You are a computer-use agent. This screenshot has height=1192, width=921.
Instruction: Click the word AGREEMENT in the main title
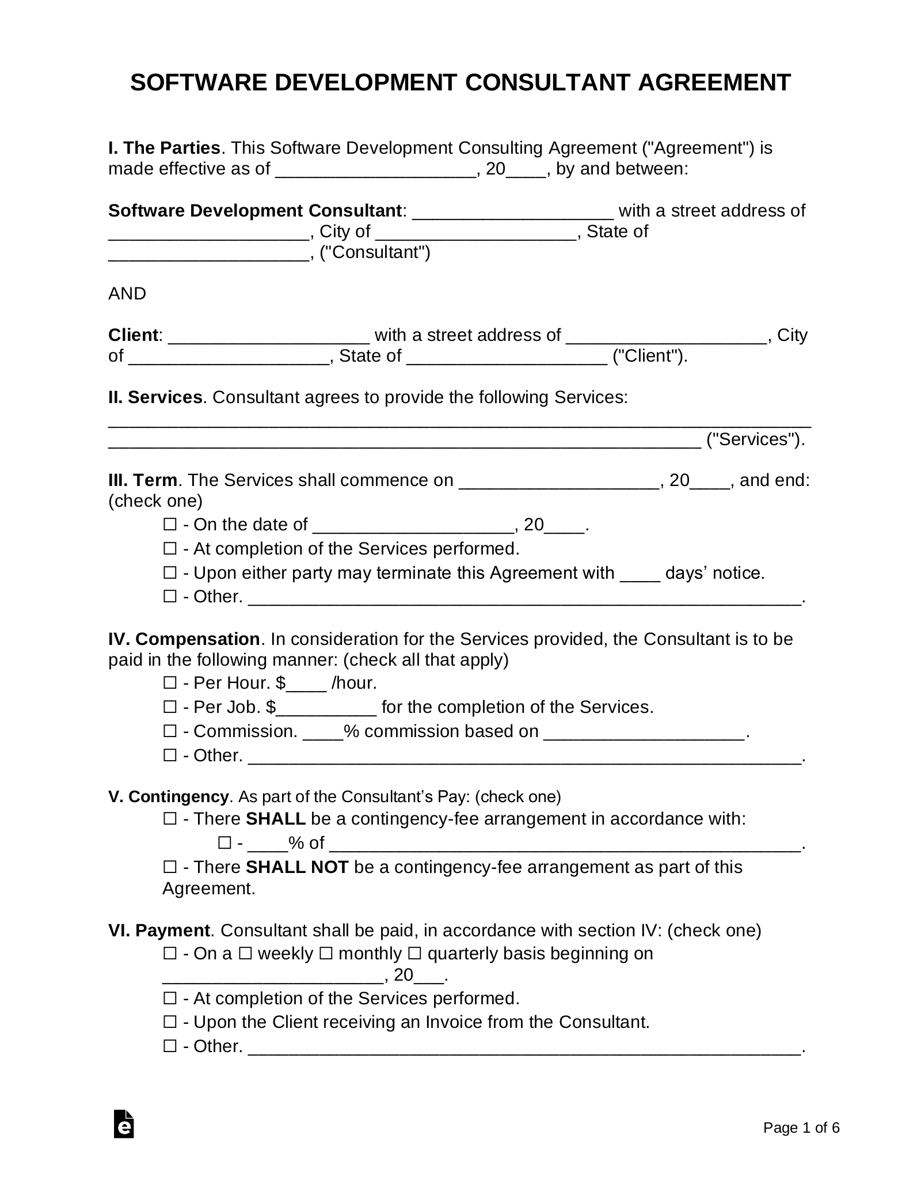[714, 83]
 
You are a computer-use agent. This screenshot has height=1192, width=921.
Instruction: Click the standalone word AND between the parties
[127, 294]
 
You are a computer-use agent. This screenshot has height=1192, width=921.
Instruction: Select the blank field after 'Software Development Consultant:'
[513, 212]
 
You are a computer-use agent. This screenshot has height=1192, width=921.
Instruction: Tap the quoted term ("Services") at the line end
[755, 439]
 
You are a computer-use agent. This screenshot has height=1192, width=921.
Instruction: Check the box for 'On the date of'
[170, 525]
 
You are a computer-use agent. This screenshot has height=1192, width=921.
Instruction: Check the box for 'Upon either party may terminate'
[170, 573]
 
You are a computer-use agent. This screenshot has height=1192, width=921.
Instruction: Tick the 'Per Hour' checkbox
[170, 683]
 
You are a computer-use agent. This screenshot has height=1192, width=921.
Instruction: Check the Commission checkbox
[170, 731]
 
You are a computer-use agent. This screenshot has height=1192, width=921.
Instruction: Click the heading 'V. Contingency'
[168, 796]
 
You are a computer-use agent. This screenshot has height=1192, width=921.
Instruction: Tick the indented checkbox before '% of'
[224, 843]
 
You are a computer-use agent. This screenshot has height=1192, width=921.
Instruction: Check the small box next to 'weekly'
[245, 954]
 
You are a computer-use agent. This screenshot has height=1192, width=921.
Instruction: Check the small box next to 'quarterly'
[415, 954]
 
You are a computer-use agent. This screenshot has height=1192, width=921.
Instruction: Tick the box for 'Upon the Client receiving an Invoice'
[170, 1022]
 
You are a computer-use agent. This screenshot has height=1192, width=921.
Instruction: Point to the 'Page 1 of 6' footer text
[801, 1128]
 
